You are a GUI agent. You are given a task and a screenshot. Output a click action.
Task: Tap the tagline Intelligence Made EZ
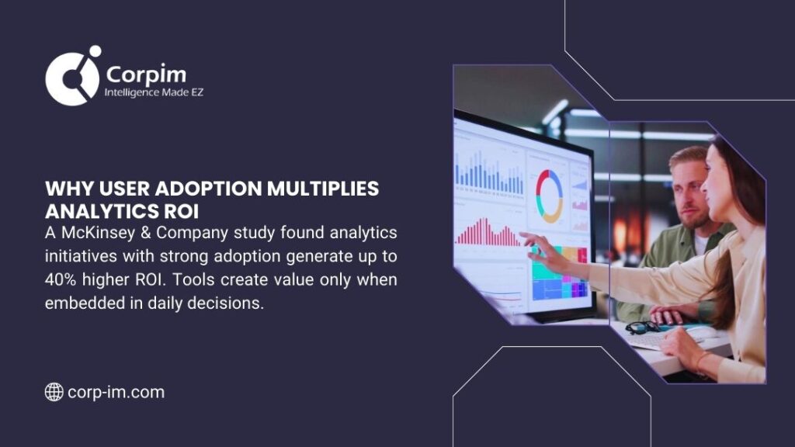tap(154, 93)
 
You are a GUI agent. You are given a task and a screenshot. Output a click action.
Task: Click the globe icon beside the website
tap(54, 392)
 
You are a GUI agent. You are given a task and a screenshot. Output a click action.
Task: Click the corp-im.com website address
tap(116, 392)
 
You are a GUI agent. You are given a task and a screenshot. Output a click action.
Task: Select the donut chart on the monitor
tap(549, 195)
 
